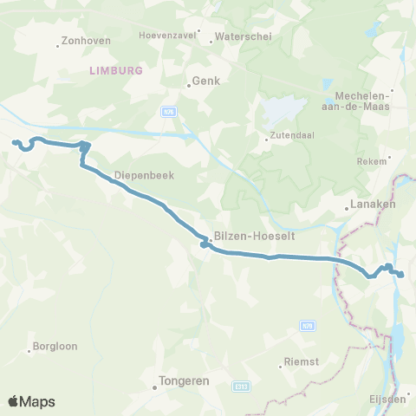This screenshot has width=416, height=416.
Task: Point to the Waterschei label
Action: coord(231,36)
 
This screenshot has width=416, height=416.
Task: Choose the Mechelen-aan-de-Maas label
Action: coord(362,101)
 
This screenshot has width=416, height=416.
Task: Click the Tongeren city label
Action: coord(185,379)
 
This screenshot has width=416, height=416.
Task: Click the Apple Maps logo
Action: coord(31,401)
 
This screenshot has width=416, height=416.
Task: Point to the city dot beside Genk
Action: coord(190,85)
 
